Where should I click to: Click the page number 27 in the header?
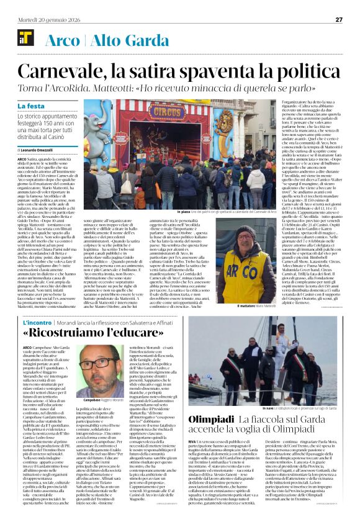point(339,19)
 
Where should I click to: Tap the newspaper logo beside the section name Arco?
point(22,40)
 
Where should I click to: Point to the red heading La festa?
point(31,106)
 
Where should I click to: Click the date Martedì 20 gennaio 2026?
point(43,19)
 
